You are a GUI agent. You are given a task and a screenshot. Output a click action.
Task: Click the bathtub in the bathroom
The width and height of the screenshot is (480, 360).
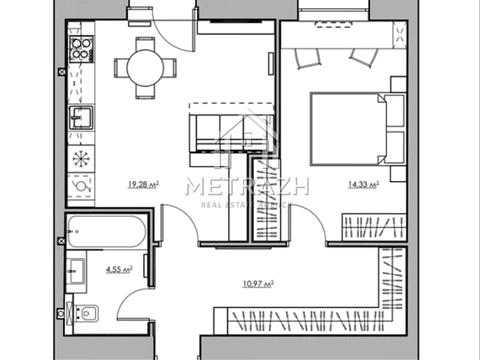click(x=105, y=232)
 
